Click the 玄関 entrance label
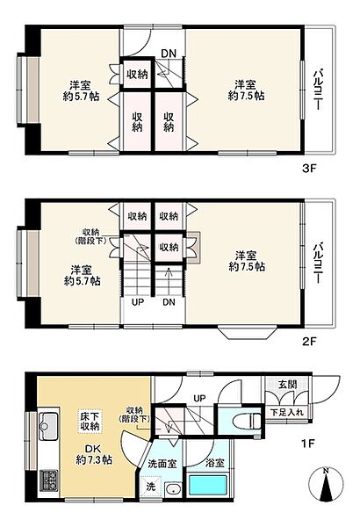[x=288, y=384]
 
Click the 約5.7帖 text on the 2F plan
[x=82, y=282]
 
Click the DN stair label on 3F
[x=169, y=53]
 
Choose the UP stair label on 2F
[x=138, y=303]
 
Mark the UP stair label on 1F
[x=198, y=398]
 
